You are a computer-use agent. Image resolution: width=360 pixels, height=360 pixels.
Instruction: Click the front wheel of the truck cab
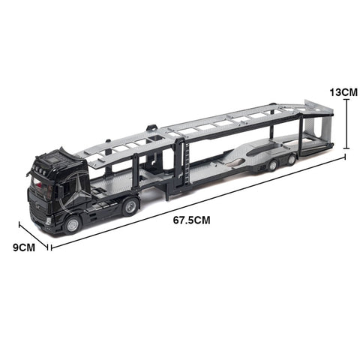pyautogui.click(x=73, y=223)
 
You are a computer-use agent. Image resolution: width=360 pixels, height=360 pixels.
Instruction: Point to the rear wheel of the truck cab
pyautogui.click(x=130, y=205)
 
